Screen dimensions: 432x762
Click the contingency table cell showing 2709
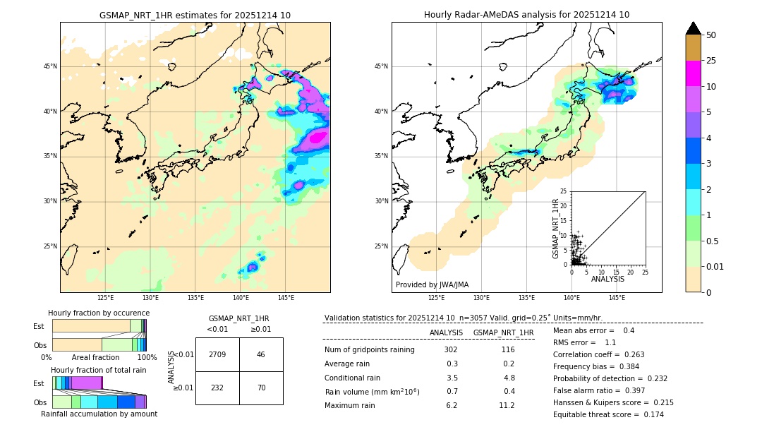217,354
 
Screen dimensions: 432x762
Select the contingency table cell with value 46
261,354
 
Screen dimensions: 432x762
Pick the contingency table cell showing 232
217,388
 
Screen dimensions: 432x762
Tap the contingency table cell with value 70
261,388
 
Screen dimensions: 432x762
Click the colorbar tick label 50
711,35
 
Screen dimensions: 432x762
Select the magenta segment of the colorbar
694,73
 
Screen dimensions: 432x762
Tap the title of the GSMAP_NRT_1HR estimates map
195,15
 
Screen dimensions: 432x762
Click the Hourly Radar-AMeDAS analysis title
526,15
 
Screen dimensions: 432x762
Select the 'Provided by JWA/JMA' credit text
433,284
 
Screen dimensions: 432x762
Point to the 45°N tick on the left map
50,66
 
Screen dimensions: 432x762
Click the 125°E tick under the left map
105,298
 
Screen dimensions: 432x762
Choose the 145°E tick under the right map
617,298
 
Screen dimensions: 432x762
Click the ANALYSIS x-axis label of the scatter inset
607,279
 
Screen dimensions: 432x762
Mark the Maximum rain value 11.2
507,405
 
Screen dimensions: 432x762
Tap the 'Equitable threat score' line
608,414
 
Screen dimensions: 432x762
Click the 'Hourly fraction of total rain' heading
99,370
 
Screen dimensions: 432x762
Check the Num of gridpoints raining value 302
451,349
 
